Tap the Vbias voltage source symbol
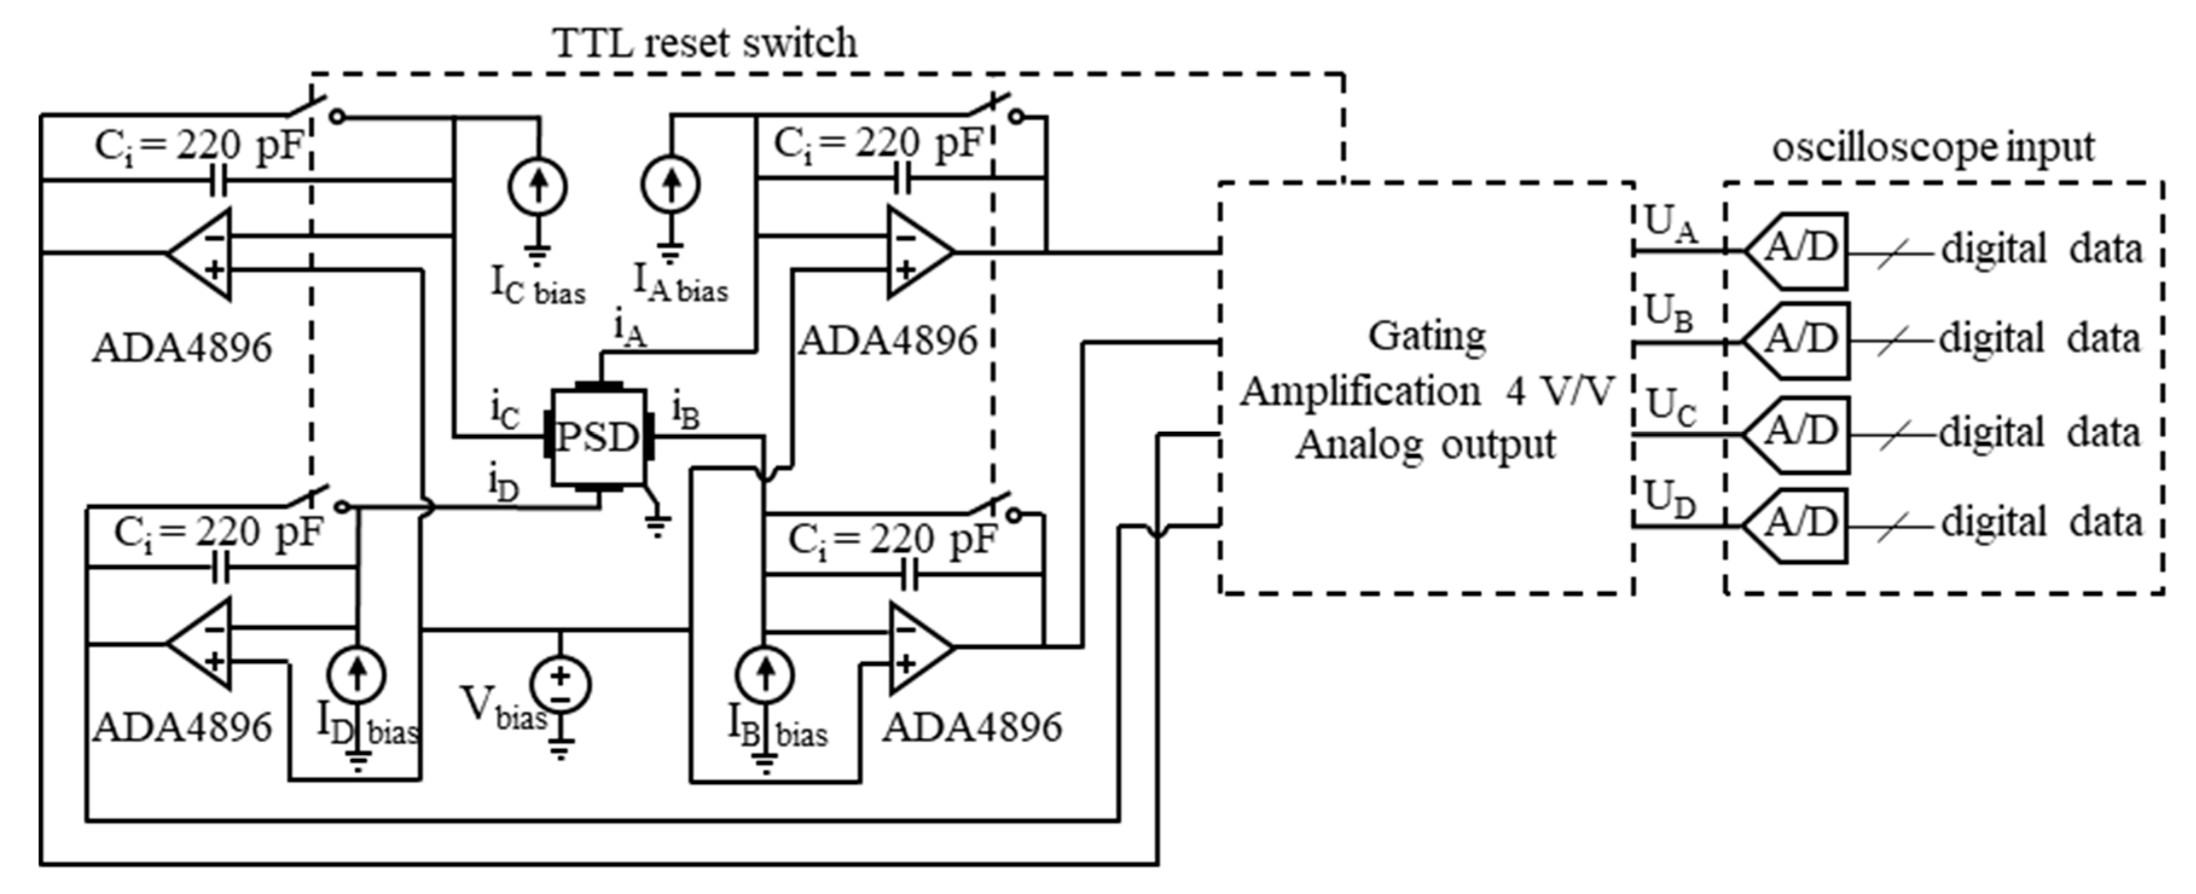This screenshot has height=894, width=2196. tap(560, 684)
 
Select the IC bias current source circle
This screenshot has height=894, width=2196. tap(537, 186)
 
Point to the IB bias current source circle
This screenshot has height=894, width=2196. tap(765, 675)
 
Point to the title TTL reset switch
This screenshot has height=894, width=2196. tap(704, 43)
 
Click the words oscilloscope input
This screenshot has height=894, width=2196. tap(1933, 147)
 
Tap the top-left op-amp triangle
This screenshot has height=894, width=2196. tap(201, 253)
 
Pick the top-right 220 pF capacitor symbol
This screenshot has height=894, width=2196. tap(904, 179)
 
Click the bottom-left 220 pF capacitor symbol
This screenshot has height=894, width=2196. tap(220, 568)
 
